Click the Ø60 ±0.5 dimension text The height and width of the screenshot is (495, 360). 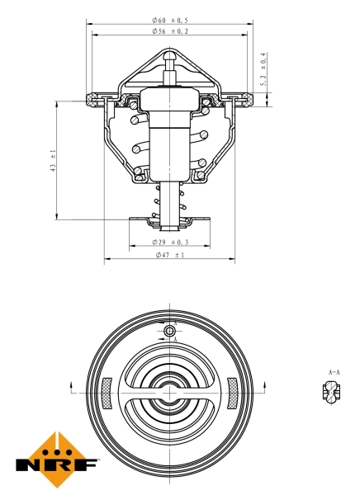tap(170, 20)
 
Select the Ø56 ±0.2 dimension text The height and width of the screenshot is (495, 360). tap(170, 31)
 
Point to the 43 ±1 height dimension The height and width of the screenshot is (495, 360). tap(53, 160)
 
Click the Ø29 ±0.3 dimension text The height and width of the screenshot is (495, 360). tap(170, 242)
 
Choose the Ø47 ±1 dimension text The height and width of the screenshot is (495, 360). tap(170, 256)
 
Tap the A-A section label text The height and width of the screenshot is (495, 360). tap(334, 373)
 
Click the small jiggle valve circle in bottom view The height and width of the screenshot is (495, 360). tap(170, 332)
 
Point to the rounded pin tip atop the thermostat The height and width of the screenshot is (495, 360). tap(170, 56)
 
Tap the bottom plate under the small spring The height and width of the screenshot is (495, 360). tap(170, 222)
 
